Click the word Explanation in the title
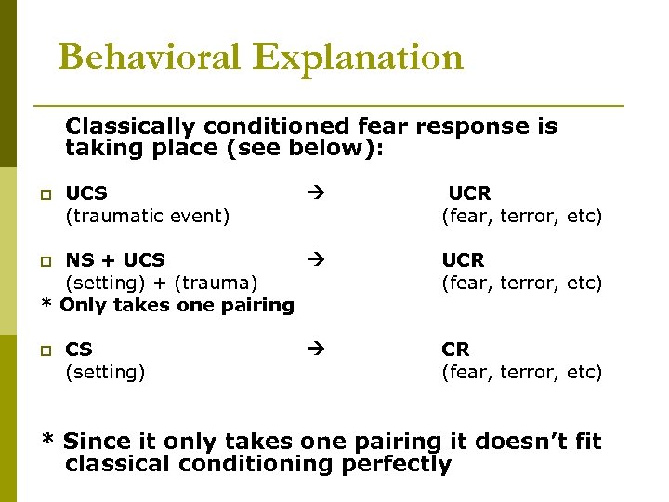pyautogui.click(x=358, y=58)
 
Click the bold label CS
pyautogui.click(x=79, y=350)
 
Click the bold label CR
pyautogui.click(x=455, y=350)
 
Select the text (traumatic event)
pyautogui.click(x=147, y=217)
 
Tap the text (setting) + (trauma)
pyautogui.click(x=161, y=283)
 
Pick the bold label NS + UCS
pyautogui.click(x=114, y=260)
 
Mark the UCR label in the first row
pyautogui.click(x=469, y=193)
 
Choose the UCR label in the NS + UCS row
pyautogui.click(x=463, y=260)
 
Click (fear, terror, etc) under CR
pyautogui.click(x=521, y=373)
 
